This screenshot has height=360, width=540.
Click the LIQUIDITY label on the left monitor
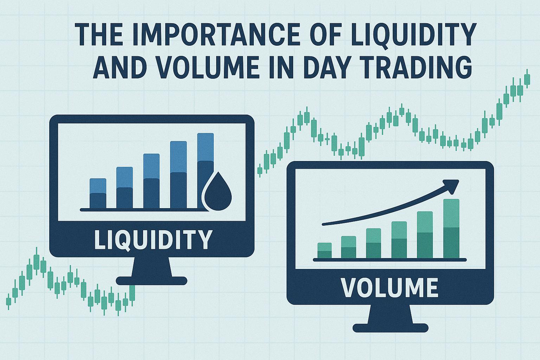coord(153,239)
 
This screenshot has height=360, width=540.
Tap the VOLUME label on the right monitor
coord(390,288)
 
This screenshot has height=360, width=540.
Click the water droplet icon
coord(218,191)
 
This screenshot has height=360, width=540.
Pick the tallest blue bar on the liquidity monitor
coord(205,171)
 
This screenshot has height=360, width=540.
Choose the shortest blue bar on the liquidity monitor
coord(98,193)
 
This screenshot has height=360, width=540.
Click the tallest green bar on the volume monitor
coord(451,229)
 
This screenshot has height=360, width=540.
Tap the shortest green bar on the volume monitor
coord(324,251)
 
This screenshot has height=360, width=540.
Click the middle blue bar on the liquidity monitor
coord(152,181)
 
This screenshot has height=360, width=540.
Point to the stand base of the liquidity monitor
coord(152,281)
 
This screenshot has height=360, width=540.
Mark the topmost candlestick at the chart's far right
coord(527,79)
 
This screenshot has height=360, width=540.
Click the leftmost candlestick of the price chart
coord(8,301)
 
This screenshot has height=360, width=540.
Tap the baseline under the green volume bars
coord(390,260)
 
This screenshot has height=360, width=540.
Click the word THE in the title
coord(96,34)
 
